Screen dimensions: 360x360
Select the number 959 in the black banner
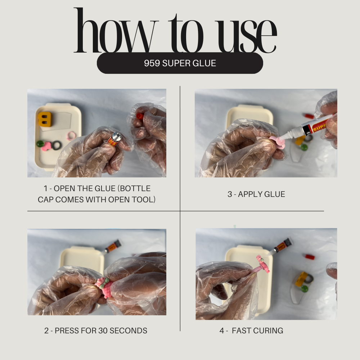tap(152, 63)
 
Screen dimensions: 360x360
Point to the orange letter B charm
tap(45, 119)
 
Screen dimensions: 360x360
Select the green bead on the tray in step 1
tap(40, 144)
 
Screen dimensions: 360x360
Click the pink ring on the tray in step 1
tap(71, 135)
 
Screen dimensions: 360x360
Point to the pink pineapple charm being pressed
tap(104, 287)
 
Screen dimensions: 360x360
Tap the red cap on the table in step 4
tap(310, 257)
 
